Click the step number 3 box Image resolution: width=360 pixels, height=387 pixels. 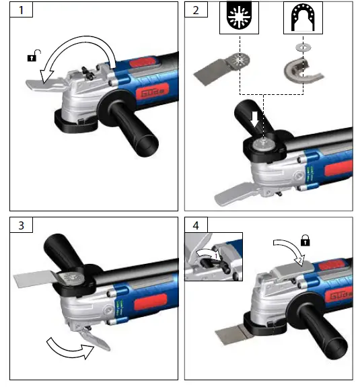point(21,225)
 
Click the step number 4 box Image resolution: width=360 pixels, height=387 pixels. point(196,225)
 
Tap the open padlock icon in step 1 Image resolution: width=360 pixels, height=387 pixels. point(31,57)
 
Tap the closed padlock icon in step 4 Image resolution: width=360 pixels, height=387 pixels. point(304,239)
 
